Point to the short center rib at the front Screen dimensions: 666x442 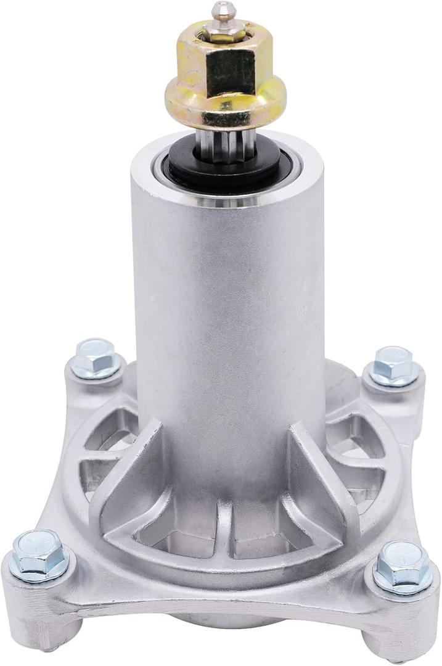(x=224, y=524)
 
